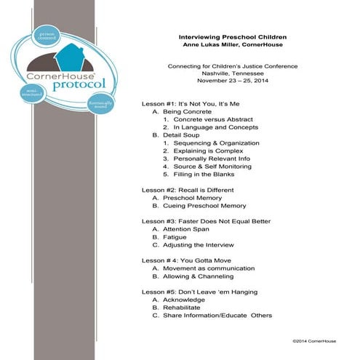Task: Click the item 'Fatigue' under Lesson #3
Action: tap(175, 237)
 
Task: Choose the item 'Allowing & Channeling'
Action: tap(196, 276)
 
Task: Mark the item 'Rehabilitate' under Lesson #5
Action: tap(180, 308)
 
